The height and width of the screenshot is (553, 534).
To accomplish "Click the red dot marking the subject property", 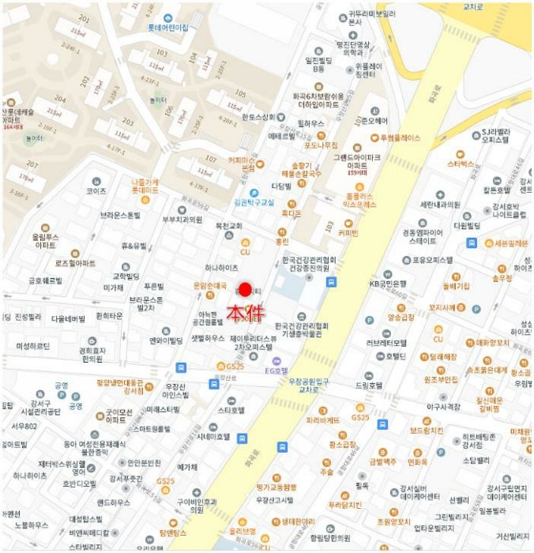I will pos(245,290).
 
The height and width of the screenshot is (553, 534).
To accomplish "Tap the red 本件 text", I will pos(245,312).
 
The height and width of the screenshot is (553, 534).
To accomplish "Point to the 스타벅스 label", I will pos(460,164).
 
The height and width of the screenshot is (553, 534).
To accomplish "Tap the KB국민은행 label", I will pos(387,283).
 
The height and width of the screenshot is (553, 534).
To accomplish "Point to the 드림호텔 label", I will pos(368,386).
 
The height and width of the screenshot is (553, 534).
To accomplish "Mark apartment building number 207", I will pos(32,164).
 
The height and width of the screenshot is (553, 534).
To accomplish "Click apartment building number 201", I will pos(85,17).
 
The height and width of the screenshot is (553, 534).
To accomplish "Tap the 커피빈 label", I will pos(348,233).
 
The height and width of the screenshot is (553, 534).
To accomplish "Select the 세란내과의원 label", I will pos(439,205).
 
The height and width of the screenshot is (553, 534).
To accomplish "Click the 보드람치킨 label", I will pos(427,431).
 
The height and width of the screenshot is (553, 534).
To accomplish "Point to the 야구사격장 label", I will pos(442,407).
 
